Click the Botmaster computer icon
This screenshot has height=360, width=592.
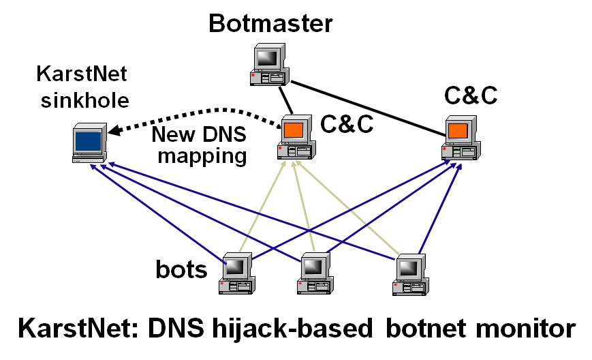(268, 66)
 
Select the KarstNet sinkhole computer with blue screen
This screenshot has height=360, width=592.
(89, 143)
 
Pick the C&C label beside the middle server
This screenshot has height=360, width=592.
(347, 124)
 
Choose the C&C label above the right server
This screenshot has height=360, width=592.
(471, 95)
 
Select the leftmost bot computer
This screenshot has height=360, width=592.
(237, 273)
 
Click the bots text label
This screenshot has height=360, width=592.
(181, 270)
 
